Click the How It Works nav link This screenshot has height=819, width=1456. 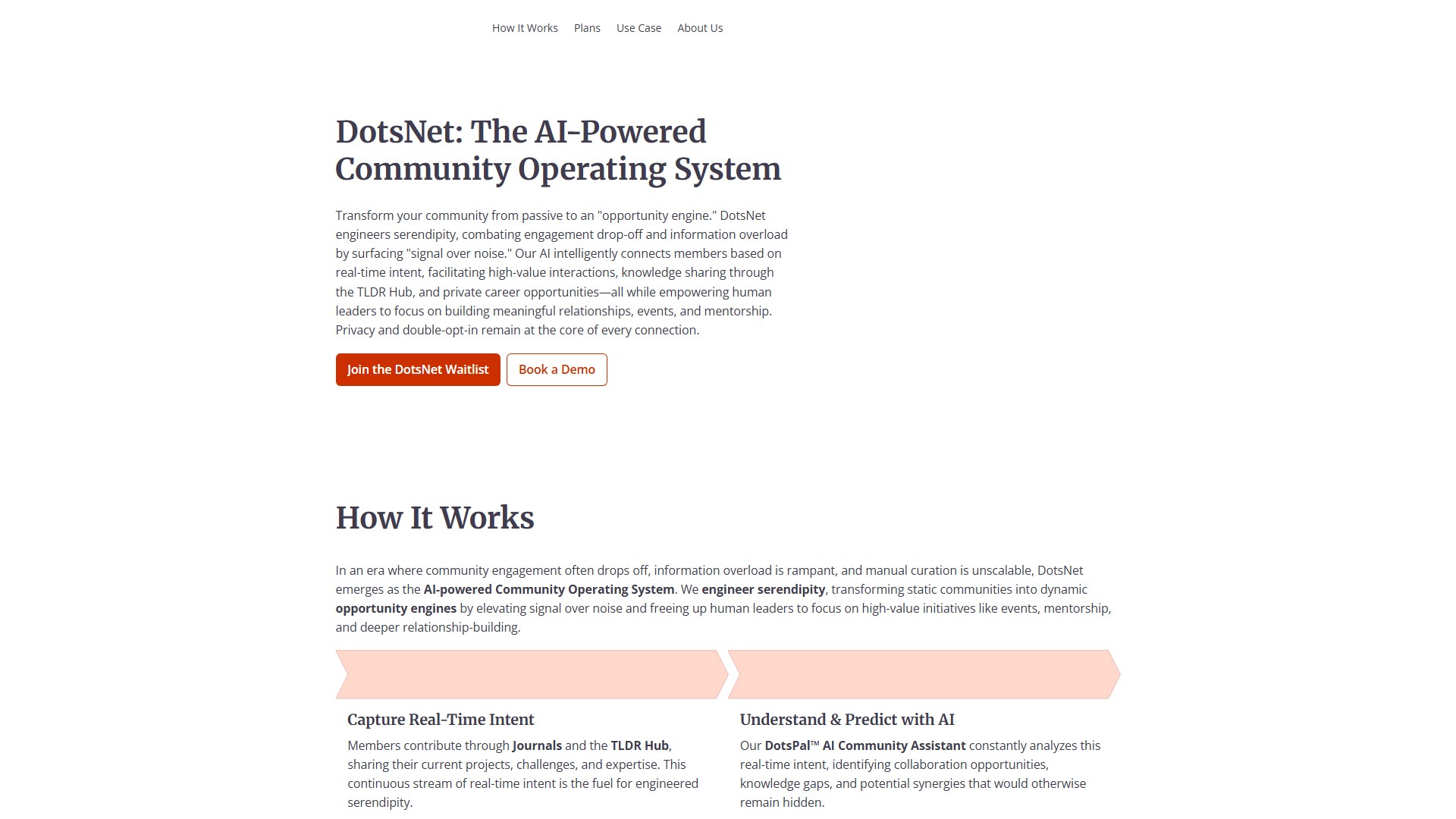click(x=525, y=28)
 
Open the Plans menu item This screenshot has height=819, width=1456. click(x=587, y=28)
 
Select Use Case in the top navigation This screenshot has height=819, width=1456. click(x=639, y=28)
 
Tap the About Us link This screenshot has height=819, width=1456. click(x=700, y=28)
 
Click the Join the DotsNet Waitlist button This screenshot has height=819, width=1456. click(x=418, y=369)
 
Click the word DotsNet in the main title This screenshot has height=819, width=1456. click(x=399, y=132)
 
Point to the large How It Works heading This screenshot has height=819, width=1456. click(x=435, y=518)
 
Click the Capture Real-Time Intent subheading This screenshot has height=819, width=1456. click(x=441, y=720)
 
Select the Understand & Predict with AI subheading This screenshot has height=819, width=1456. click(x=847, y=720)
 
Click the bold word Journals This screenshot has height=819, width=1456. click(x=537, y=745)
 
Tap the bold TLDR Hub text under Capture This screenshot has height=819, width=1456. click(x=640, y=745)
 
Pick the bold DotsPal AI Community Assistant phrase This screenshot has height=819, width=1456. click(x=865, y=745)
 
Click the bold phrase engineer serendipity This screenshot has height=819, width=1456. click(x=763, y=589)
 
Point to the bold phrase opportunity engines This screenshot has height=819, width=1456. click(x=396, y=608)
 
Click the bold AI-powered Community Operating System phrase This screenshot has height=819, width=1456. click(x=548, y=589)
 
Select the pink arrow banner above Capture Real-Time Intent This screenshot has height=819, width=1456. click(x=531, y=674)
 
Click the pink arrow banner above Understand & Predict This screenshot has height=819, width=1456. click(x=923, y=674)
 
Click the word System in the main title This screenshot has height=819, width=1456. click(x=727, y=169)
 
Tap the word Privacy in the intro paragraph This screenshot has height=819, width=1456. click(x=356, y=330)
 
